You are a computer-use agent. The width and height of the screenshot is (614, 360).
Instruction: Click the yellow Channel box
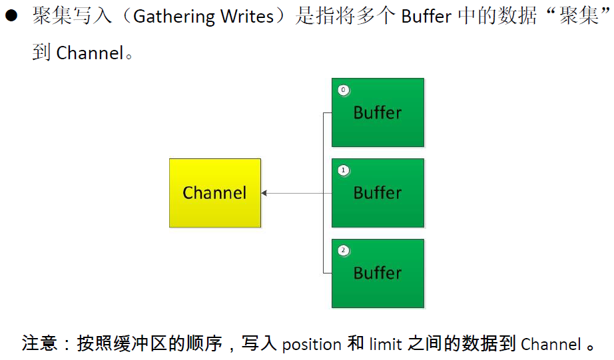tap(214, 193)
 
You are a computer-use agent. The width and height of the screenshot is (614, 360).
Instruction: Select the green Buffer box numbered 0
tap(378, 112)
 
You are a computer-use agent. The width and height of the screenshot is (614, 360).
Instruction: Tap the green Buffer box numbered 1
tap(378, 193)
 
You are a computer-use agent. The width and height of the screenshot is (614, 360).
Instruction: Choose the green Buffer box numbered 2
tap(378, 273)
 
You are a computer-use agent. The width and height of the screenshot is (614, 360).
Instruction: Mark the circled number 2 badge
tap(344, 251)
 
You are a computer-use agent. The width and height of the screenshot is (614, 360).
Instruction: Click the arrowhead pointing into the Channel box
tap(264, 193)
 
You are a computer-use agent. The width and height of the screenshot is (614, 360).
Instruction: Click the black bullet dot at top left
tap(11, 17)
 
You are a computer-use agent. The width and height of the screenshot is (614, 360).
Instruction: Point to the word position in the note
tap(312, 344)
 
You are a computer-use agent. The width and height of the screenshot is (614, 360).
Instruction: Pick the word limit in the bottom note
tap(387, 344)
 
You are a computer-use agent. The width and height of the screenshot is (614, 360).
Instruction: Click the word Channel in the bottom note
tap(551, 344)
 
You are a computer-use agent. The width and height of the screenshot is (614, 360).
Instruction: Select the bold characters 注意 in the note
tap(37, 344)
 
